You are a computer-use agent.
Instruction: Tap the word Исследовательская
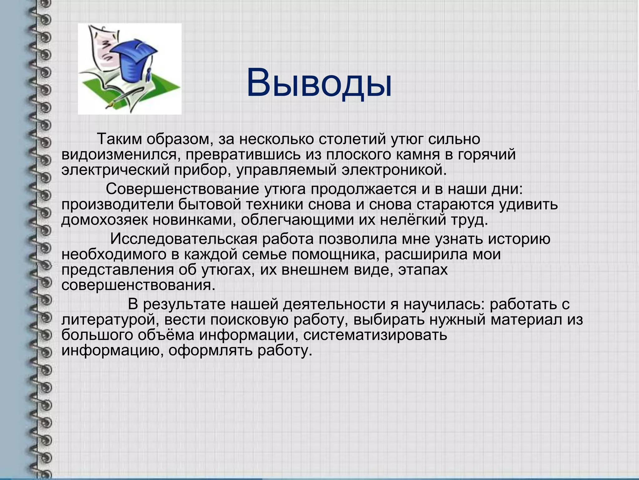(184, 239)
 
